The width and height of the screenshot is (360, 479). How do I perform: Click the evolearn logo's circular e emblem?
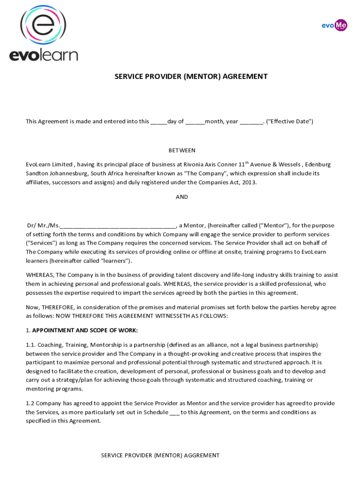tap(43, 25)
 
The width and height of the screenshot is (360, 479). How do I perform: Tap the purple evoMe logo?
tap(334, 25)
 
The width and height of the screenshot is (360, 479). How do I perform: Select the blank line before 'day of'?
tap(158, 122)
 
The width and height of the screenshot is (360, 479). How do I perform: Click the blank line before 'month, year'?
tap(194, 122)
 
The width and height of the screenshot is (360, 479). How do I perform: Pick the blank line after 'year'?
tap(251, 122)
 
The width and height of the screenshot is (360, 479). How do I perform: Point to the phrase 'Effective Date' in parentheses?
tap(289, 122)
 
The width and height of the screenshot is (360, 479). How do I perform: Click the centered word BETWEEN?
tap(182, 151)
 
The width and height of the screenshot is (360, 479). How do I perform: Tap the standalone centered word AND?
tap(182, 197)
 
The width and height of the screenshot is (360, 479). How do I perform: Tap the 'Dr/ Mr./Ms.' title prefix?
tap(43, 225)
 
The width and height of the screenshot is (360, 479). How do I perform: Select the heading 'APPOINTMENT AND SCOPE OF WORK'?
tap(85, 331)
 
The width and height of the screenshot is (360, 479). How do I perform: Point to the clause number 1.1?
tap(30, 345)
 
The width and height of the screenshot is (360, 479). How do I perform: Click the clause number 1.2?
tap(30, 403)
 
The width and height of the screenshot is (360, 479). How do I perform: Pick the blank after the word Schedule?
tap(174, 413)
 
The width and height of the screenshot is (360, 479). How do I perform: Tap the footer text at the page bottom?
tap(160, 455)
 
